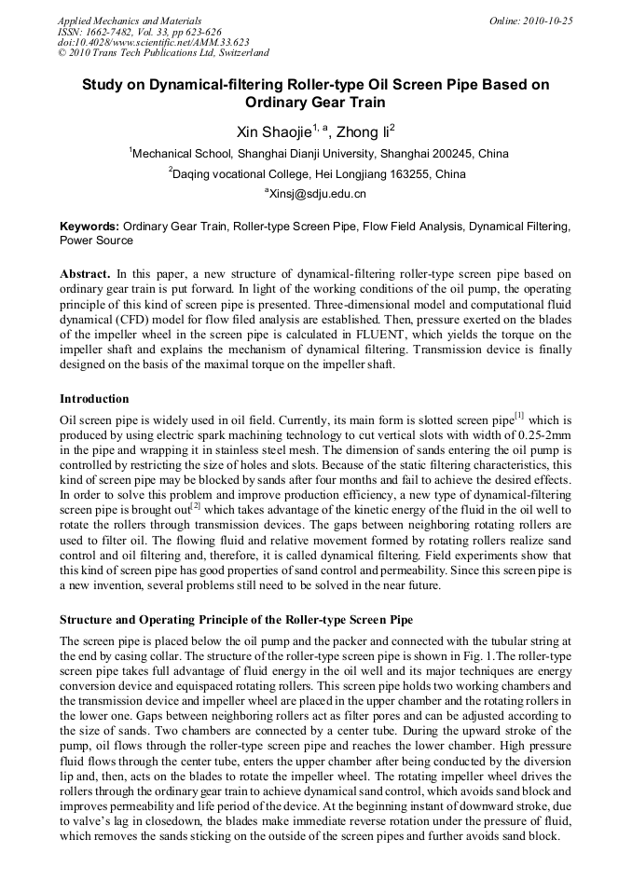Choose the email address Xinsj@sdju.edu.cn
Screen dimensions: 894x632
[x=317, y=194]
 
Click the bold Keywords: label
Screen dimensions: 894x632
[x=89, y=227]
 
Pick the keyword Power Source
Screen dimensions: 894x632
[x=96, y=240]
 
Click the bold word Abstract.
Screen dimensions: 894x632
[x=85, y=274]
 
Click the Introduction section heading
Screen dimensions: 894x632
[x=94, y=399]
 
